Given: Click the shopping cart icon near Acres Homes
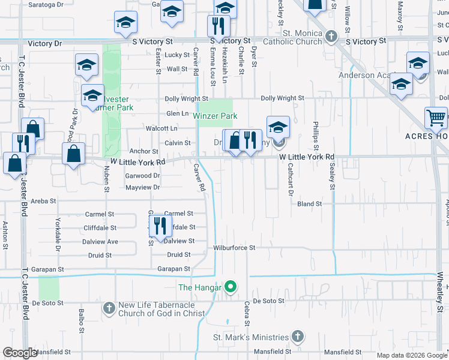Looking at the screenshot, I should point(436,117).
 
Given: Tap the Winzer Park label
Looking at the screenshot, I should point(215,116).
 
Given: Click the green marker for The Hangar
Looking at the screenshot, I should point(229,287).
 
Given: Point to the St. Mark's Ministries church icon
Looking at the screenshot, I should point(298,337).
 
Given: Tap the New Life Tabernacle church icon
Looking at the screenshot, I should point(109,308).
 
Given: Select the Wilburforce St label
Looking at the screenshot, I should point(235,247).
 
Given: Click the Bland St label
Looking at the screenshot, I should point(310,204).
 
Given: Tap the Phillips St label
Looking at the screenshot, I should point(315,136).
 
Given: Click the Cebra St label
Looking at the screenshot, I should point(247,314).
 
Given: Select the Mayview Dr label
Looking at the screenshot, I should point(142,187).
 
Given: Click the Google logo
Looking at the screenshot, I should point(20,353).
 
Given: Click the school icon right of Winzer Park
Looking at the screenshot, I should point(278,127).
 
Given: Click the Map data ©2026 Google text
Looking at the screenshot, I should point(412,355).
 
